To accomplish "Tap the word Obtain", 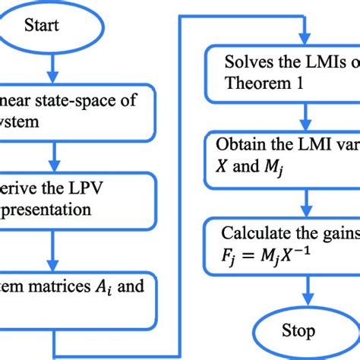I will click(238, 144).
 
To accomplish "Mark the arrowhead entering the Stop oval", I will click(305, 306).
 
